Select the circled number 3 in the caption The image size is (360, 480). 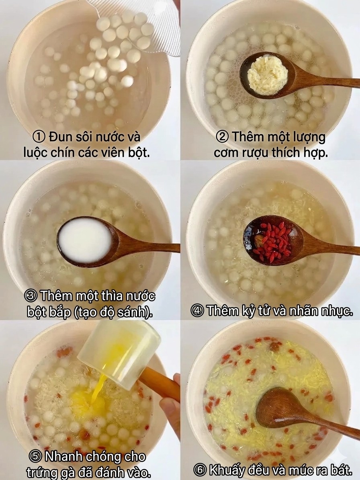pos(31,297)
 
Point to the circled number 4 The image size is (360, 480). pos(197,311)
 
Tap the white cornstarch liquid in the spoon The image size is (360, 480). pos(85,240)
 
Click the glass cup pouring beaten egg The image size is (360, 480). pos(119,351)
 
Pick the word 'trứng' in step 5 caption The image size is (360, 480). pos(40,472)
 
